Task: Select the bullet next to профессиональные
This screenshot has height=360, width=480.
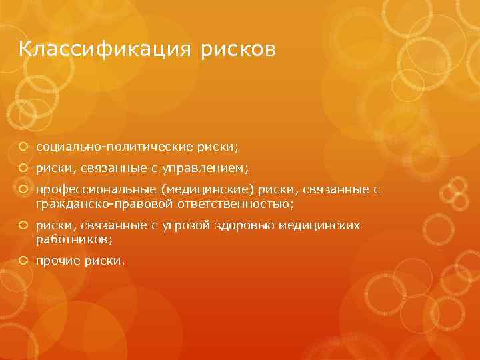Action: click(23, 191)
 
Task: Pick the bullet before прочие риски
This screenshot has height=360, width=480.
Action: click(23, 261)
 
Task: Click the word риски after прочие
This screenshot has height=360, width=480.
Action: click(103, 261)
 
